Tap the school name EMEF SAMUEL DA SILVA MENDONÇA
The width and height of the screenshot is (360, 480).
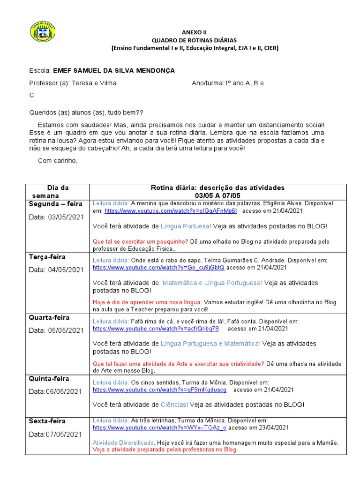click(114, 70)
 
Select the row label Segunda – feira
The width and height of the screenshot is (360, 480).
click(55, 204)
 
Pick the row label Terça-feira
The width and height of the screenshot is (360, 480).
click(47, 257)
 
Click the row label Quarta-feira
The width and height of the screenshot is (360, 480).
click(49, 317)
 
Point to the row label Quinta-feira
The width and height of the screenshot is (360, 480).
click(49, 378)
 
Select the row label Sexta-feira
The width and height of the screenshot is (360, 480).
click(47, 421)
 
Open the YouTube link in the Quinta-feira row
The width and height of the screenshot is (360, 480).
click(159, 390)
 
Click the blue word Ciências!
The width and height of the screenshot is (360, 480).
click(174, 404)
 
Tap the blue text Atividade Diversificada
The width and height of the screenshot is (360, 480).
click(123, 442)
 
